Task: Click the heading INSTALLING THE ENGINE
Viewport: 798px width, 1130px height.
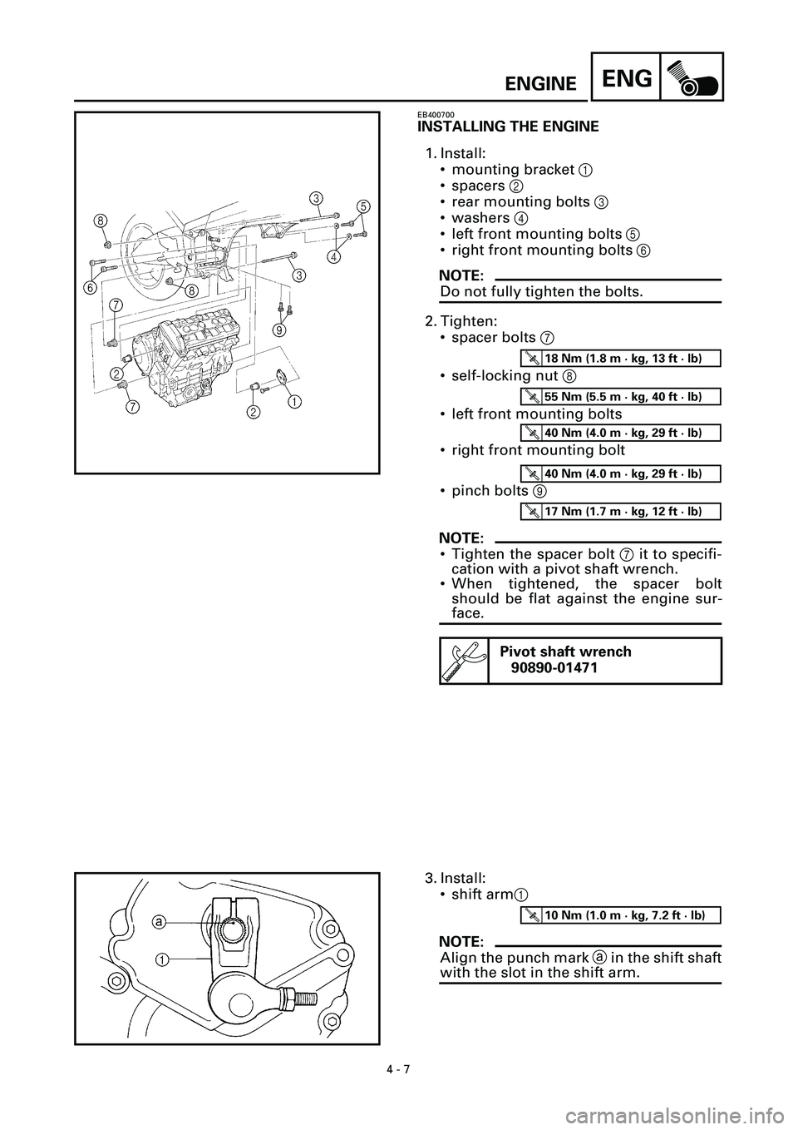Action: (509, 126)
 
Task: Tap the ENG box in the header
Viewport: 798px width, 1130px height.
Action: (626, 77)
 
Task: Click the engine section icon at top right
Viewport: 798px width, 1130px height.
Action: (692, 77)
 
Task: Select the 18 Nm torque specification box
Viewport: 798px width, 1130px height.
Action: (620, 358)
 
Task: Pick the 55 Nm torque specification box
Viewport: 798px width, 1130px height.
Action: (620, 397)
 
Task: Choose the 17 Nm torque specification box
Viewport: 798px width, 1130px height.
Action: (620, 511)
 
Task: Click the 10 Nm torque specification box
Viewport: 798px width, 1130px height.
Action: (620, 915)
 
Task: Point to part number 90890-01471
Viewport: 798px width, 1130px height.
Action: (554, 668)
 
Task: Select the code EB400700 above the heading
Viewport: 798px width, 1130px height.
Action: (436, 115)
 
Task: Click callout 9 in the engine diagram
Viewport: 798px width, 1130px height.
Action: (279, 330)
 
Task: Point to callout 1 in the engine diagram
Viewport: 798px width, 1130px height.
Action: (294, 402)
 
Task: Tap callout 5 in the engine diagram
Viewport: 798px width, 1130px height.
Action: (363, 206)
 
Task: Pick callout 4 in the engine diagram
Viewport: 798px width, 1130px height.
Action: (333, 256)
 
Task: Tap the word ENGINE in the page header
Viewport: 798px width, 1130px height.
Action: (540, 84)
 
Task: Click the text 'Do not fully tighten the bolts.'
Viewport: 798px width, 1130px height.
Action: (541, 291)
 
